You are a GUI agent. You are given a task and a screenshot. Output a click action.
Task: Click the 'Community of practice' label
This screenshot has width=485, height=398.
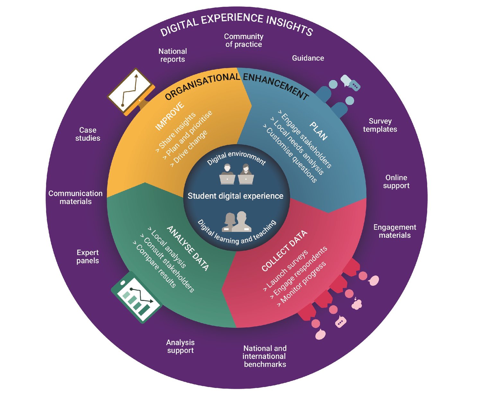click(x=243, y=40)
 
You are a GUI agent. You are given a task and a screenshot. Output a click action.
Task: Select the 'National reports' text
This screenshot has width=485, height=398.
click(x=172, y=55)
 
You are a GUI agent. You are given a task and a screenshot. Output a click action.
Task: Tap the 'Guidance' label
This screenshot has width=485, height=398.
click(x=308, y=58)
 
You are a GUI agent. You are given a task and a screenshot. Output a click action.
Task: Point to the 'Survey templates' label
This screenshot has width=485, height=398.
click(x=380, y=125)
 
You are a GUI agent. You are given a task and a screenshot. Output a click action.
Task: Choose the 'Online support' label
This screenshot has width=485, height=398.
click(x=396, y=181)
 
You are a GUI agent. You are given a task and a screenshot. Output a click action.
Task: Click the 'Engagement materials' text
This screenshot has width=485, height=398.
click(x=394, y=231)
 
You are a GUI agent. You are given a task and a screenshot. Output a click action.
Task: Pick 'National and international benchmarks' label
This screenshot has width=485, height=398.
click(x=265, y=356)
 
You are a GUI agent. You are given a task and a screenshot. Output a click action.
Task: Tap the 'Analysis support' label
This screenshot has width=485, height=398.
click(x=180, y=346)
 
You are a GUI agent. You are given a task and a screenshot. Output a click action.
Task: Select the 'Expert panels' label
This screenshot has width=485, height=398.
click(x=87, y=257)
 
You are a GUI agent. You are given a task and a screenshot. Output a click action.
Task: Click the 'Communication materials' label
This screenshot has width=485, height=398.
click(x=75, y=197)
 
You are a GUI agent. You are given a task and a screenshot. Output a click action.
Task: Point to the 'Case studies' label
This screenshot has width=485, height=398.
click(x=88, y=134)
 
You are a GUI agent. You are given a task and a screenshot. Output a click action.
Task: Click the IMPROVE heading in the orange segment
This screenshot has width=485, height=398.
click(x=170, y=116)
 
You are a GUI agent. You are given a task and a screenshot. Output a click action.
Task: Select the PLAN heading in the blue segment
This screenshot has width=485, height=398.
click(x=318, y=131)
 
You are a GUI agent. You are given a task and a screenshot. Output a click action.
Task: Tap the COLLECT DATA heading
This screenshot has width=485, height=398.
click(x=284, y=251)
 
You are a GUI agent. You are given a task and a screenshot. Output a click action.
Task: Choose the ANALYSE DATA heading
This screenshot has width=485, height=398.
click(x=188, y=248)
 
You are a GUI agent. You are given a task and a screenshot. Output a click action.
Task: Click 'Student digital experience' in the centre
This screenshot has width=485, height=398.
click(x=235, y=196)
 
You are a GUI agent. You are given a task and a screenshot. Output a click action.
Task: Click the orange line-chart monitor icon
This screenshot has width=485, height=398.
click(x=131, y=91)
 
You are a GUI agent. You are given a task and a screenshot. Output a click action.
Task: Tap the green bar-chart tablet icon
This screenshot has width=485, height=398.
click(x=137, y=297)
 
